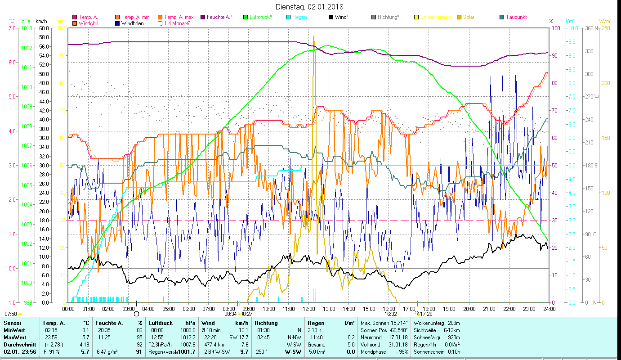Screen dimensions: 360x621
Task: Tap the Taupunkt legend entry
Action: pyautogui.click(x=516, y=17)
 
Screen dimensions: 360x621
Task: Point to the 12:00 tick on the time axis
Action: pyautogui.click(x=309, y=309)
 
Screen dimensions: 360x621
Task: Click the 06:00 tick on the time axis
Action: pyautogui.click(x=188, y=309)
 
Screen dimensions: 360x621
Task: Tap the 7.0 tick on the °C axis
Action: pyautogui.click(x=12, y=28)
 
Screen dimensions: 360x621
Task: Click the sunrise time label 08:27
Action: pyautogui.click(x=247, y=314)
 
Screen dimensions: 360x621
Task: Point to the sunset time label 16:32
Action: pyautogui.click(x=390, y=314)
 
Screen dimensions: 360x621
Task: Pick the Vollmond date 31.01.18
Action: pyautogui.click(x=398, y=344)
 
